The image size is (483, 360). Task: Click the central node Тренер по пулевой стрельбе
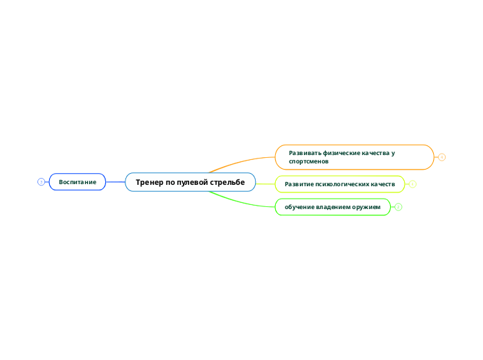pyautogui.click(x=190, y=182)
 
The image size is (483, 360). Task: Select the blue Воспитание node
pyautogui.click(x=77, y=181)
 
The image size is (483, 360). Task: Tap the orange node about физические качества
pyautogui.click(x=354, y=156)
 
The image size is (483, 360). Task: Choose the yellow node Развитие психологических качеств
pyautogui.click(x=340, y=184)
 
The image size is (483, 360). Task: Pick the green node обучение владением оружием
pyautogui.click(x=333, y=206)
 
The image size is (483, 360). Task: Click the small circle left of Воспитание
pyautogui.click(x=41, y=182)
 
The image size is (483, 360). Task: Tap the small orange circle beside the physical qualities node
pyautogui.click(x=442, y=157)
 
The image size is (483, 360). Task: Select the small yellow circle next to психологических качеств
pyautogui.click(x=412, y=184)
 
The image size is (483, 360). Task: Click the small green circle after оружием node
pyautogui.click(x=398, y=206)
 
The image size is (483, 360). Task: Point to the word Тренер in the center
pyautogui.click(x=149, y=182)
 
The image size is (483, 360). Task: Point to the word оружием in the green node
pyautogui.click(x=367, y=206)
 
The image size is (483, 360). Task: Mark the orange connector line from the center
pyautogui.click(x=243, y=162)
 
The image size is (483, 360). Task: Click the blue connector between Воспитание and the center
pyautogui.click(x=115, y=182)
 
